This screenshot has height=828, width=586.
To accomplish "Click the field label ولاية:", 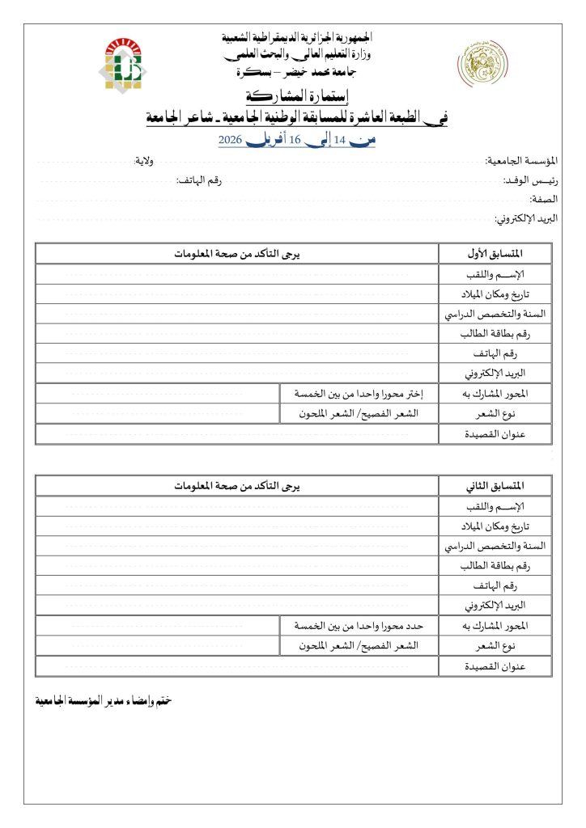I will tap(145, 161).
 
